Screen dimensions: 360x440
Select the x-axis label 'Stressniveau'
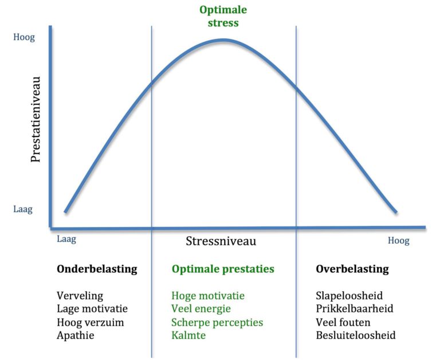[x=221, y=241]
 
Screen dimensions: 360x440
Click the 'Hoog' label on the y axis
[x=24, y=38]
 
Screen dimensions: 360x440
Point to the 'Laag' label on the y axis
[x=23, y=209]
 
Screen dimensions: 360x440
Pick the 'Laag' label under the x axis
[x=66, y=239]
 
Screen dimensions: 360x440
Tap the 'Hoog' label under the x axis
[x=398, y=241]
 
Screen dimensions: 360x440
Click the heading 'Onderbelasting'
[x=97, y=269]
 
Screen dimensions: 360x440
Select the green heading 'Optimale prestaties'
[x=223, y=269]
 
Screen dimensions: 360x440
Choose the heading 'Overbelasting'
[x=352, y=269]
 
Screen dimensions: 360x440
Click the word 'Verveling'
[x=80, y=296]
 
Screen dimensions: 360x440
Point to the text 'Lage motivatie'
[x=92, y=309]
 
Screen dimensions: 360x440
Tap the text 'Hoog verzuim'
[x=90, y=322]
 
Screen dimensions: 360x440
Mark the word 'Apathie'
[x=75, y=335]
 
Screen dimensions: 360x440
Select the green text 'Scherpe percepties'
[x=217, y=322]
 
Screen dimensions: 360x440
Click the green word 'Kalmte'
[x=188, y=335]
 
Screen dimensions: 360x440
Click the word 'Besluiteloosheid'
[x=355, y=335]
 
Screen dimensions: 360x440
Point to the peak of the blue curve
[x=224, y=40]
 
